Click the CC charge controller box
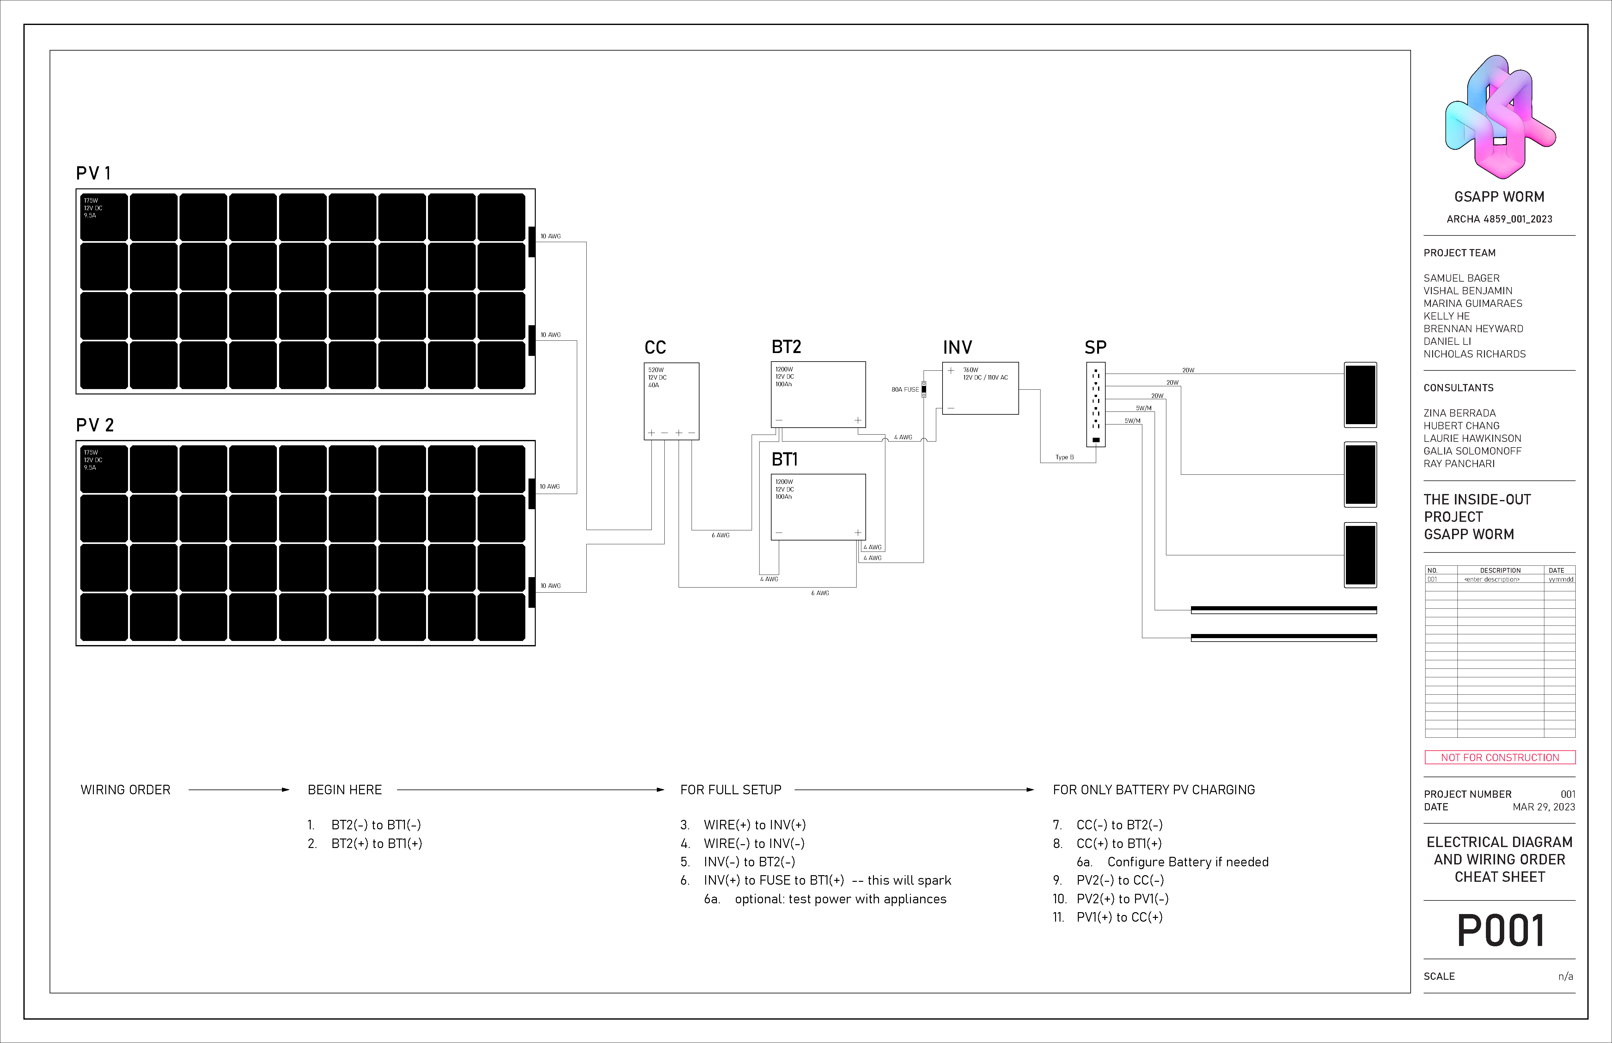point(671,401)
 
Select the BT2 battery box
point(818,394)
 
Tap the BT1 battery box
point(818,507)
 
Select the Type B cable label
point(1064,457)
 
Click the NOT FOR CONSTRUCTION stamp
point(1499,757)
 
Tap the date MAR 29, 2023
point(1544,807)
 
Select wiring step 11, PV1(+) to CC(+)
point(1119,917)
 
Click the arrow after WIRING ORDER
point(238,790)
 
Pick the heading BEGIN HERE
point(345,790)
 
